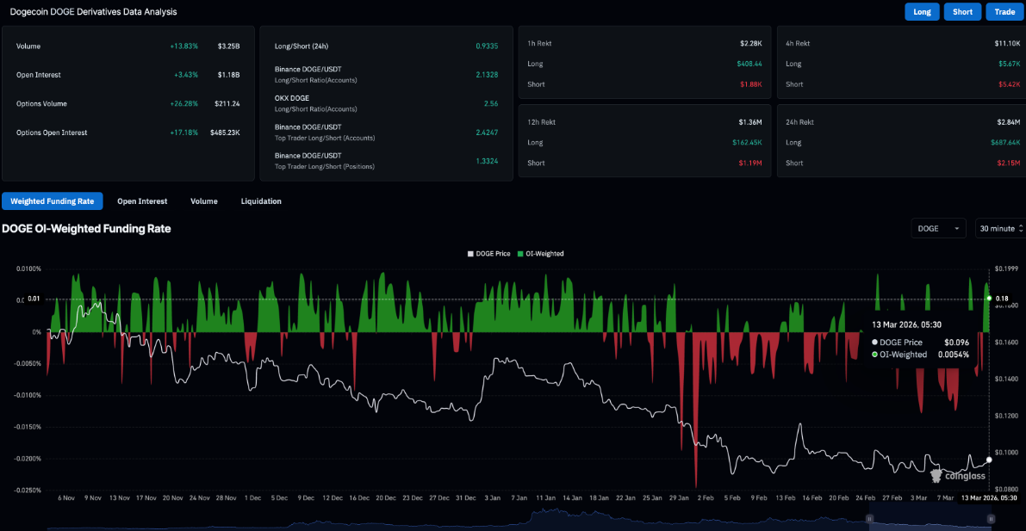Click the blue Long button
[922, 11]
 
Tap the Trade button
[1004, 11]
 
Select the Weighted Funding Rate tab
[53, 201]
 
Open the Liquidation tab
[261, 201]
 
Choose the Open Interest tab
[142, 201]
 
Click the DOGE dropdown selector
[939, 228]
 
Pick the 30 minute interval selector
[999, 228]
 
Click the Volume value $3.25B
[228, 46]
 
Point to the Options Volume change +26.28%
[183, 104]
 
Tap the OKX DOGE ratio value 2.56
[492, 103]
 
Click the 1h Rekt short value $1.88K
[750, 84]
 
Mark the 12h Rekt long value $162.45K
[745, 143]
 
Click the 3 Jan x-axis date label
[494, 498]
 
